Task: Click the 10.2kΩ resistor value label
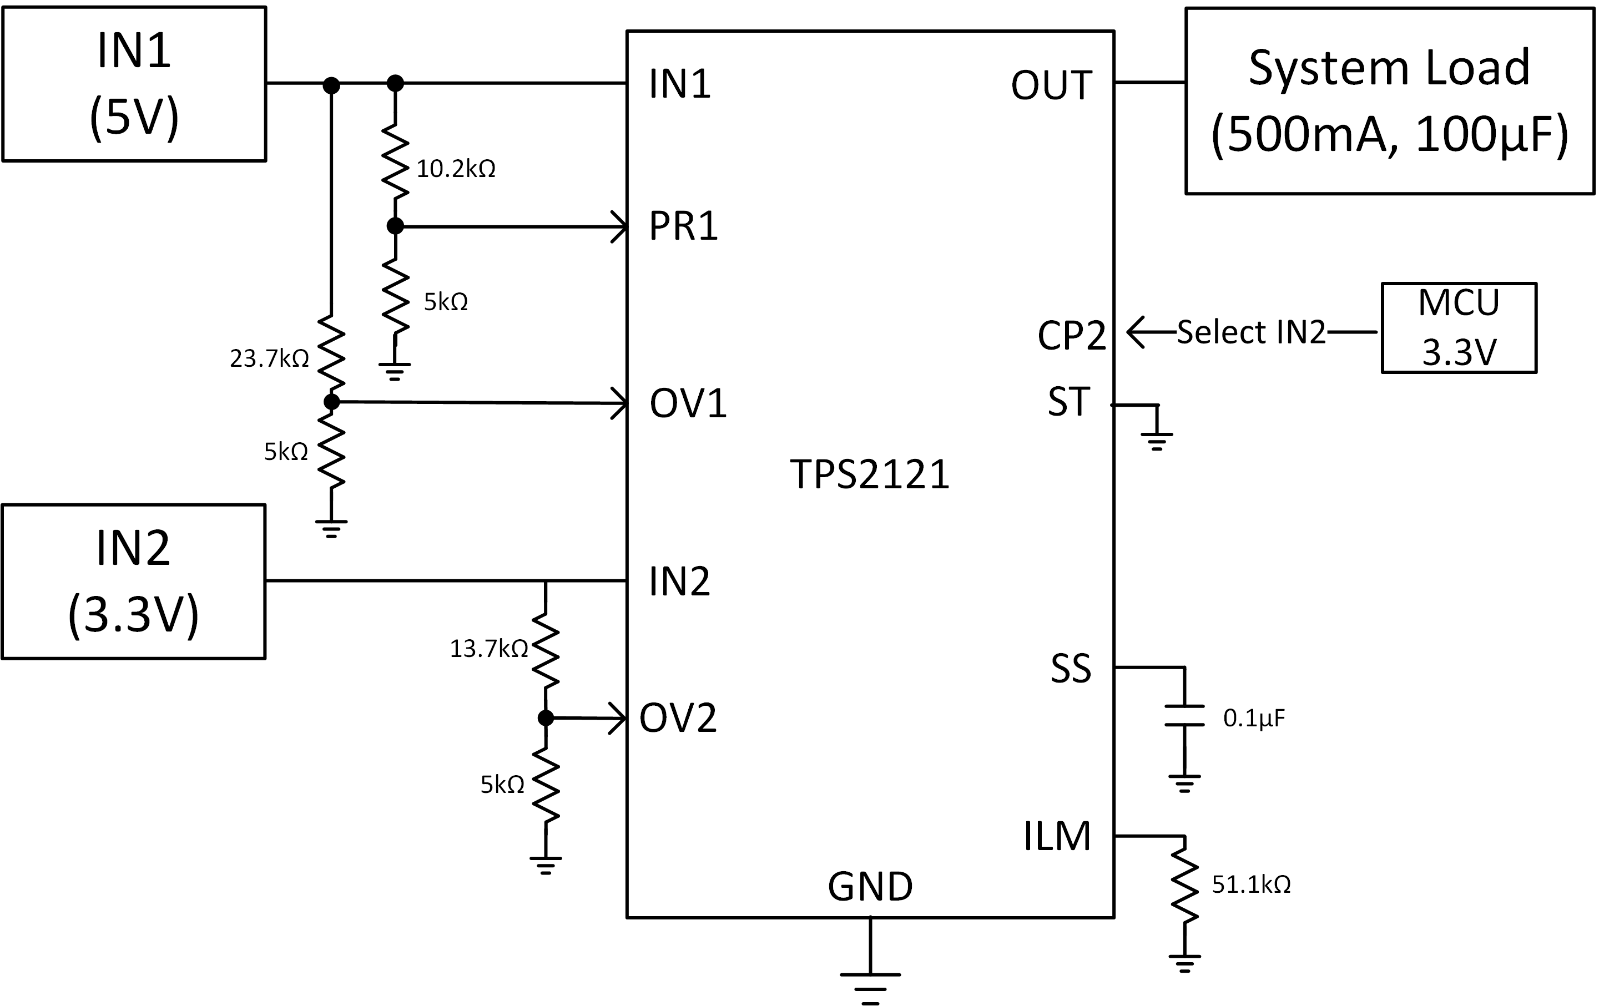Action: click(456, 169)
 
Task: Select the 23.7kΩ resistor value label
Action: click(269, 358)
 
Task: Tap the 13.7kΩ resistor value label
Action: click(489, 649)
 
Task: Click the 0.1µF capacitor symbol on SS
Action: click(1184, 716)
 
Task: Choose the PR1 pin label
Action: click(683, 226)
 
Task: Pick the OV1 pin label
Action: click(688, 403)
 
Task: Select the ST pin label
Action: click(1068, 402)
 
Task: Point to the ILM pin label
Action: click(1057, 836)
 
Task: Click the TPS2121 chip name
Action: click(869, 475)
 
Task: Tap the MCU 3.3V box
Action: click(1459, 328)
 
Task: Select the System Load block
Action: click(1389, 101)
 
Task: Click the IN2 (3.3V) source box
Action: click(133, 582)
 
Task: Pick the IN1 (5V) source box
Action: click(134, 84)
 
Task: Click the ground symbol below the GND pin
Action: click(870, 987)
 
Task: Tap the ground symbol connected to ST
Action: click(1157, 440)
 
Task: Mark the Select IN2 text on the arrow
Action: click(1251, 332)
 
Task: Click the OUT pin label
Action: click(1051, 85)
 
